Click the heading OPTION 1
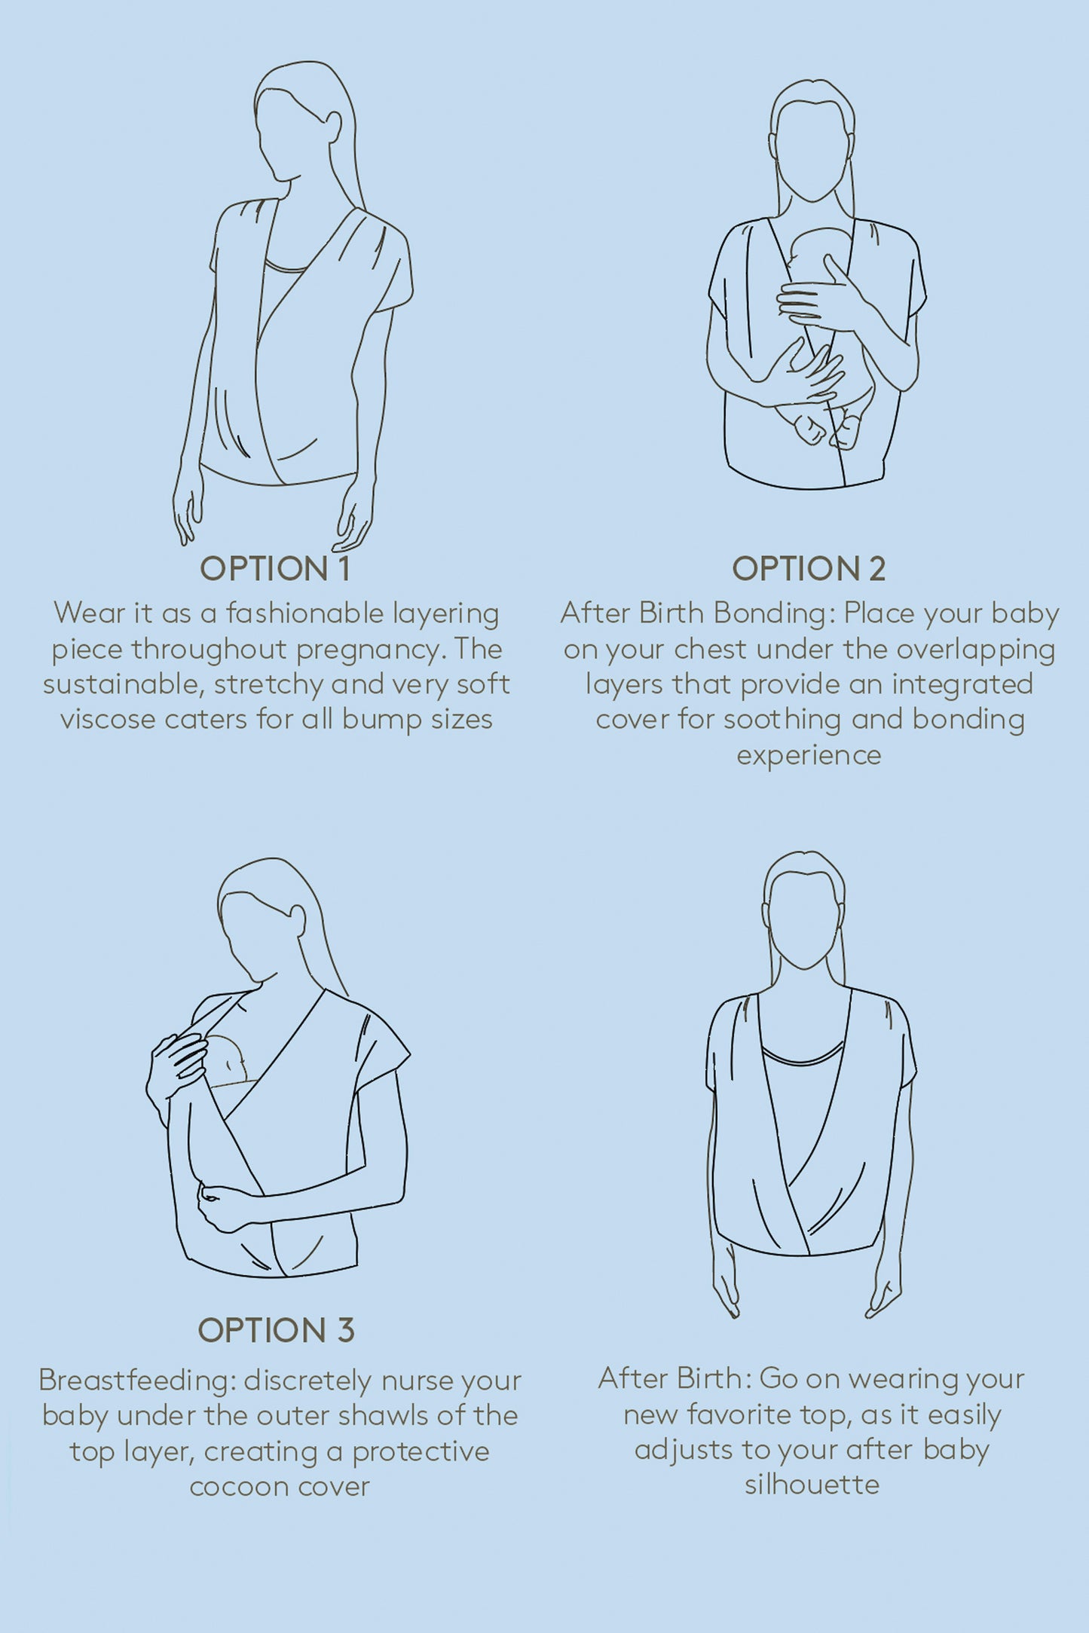(x=275, y=569)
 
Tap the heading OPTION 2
(x=809, y=569)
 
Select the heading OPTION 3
(x=276, y=1331)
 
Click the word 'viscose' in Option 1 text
(x=107, y=719)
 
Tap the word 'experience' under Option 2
(x=809, y=756)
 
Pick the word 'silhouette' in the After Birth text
(x=812, y=1485)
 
